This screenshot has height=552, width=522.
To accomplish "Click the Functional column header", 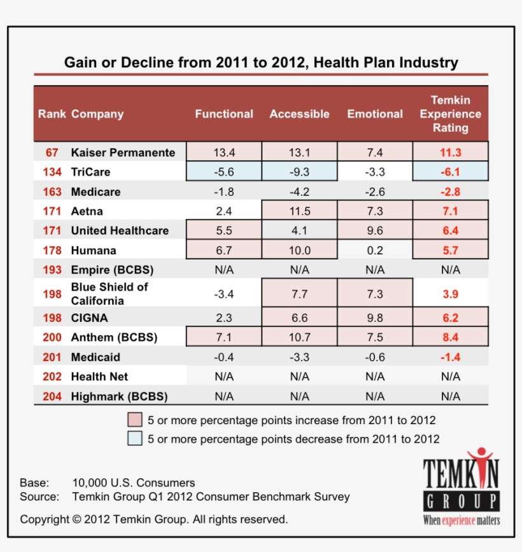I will point(223,114).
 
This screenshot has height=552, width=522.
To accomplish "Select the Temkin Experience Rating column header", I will point(450,114).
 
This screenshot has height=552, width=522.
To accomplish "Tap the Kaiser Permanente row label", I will point(123,153).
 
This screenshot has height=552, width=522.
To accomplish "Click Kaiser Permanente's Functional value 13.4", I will point(223,153).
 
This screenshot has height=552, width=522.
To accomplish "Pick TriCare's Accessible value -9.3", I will point(299,172).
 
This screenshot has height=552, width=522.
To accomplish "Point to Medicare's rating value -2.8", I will point(450,191).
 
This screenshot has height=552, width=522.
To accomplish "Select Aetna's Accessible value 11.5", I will point(299,211).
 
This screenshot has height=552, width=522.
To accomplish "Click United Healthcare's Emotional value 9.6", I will point(375,230).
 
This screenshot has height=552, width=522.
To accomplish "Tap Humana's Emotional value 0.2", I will point(375,250).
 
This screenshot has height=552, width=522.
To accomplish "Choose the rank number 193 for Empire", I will point(52,270).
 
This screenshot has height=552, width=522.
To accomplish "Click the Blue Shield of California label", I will point(109,294).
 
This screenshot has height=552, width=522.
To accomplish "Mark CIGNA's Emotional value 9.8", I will point(375,317).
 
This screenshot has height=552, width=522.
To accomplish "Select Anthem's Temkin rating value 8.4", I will point(450,337).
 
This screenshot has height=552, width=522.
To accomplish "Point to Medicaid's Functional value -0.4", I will point(223,357).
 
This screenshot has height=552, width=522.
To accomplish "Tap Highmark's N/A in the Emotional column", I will point(375,396).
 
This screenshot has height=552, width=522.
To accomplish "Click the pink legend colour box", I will point(134,420).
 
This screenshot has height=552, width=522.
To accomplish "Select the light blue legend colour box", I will point(134,439).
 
